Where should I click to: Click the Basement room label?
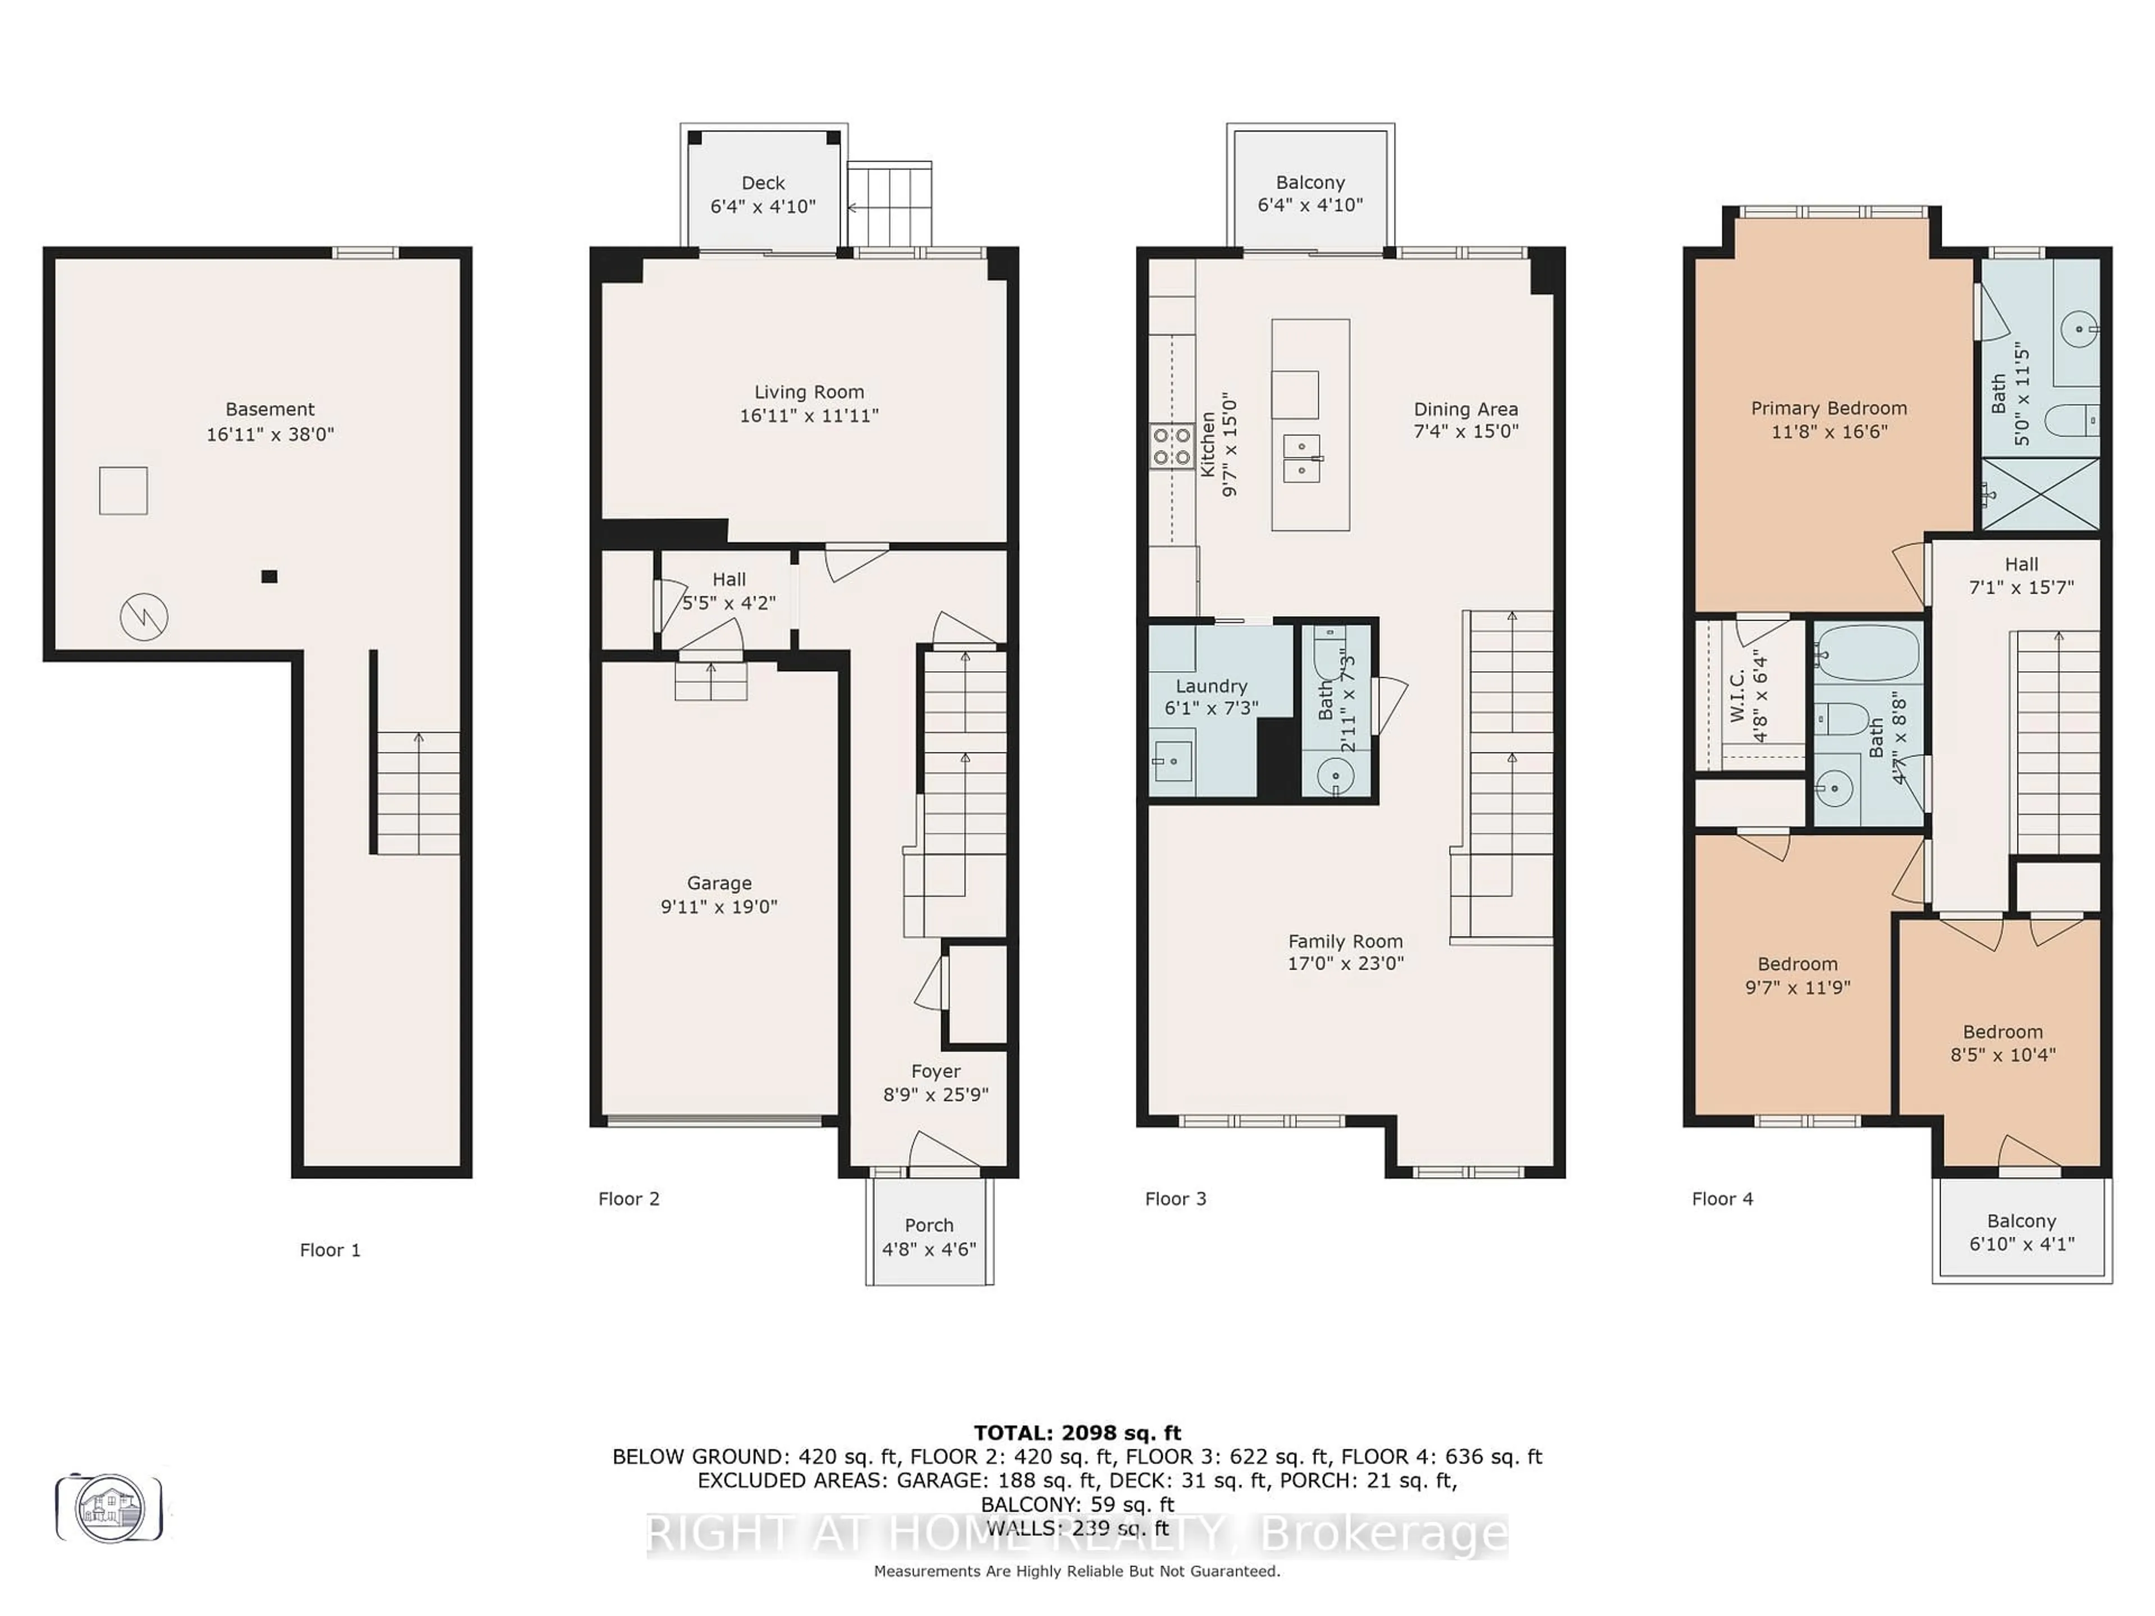(270, 409)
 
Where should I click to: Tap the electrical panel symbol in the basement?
(144, 617)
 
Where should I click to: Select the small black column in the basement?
(269, 577)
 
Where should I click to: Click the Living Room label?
(809, 392)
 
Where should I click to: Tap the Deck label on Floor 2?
(763, 183)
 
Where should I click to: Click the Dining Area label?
(1465, 409)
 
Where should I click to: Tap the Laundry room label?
(1211, 686)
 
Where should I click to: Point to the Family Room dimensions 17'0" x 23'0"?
(1345, 963)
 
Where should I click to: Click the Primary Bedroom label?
(1828, 408)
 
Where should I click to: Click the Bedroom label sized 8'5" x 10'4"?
(2002, 1031)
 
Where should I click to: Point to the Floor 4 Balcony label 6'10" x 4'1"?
(2021, 1232)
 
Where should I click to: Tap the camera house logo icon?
(110, 1508)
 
